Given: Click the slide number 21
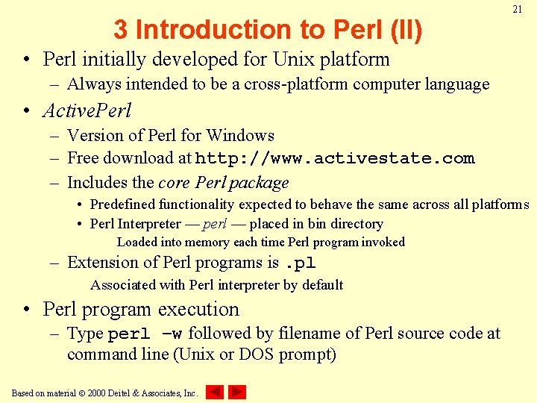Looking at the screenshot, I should coord(517,10).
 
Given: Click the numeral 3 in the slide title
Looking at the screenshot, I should coord(120,30).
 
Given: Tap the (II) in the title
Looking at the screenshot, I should coord(405,30).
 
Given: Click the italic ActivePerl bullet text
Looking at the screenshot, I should coord(87,110).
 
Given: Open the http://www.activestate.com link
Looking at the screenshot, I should coord(335,158).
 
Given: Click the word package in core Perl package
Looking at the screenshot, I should coord(260,183).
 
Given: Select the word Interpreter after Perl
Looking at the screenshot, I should coord(150,224).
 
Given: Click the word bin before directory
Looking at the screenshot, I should coord(318,224).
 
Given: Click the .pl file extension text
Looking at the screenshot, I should coord(301,263).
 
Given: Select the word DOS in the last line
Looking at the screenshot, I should coord(257,354).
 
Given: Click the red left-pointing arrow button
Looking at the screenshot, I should coord(215,392).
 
